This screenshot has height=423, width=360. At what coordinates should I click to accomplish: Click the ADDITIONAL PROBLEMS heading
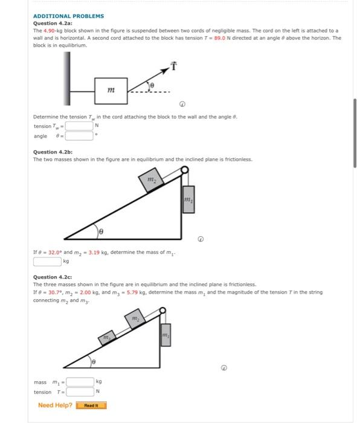pyautogui.click(x=68, y=16)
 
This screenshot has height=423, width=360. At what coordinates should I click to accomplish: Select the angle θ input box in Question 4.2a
pyautogui.click(x=79, y=136)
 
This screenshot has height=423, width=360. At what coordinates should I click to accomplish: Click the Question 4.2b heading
pyautogui.click(x=53, y=152)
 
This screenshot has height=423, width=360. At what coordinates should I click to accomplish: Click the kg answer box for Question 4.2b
pyautogui.click(x=47, y=262)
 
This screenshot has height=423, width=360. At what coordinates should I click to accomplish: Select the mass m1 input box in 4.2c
pyautogui.click(x=79, y=381)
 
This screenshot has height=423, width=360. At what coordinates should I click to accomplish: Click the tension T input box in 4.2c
pyautogui.click(x=79, y=392)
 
